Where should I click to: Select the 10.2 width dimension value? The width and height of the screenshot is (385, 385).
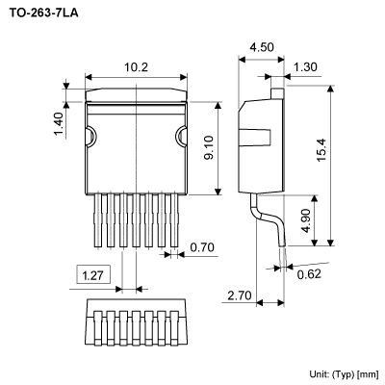point(136,67)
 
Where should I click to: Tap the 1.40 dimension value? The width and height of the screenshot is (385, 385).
point(57,123)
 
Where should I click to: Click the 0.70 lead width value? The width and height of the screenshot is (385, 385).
point(201,248)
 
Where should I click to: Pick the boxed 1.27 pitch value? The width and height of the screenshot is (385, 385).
point(93,275)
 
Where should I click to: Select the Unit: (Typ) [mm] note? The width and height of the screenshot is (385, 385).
point(344,372)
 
